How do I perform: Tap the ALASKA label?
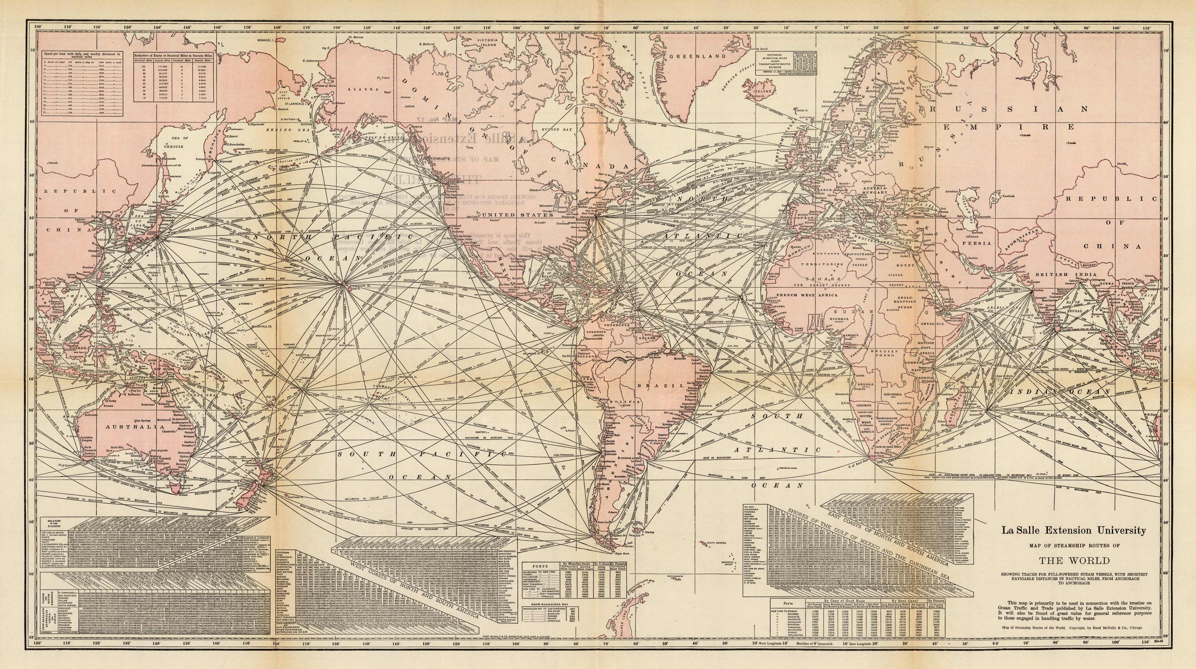click(x=365, y=89)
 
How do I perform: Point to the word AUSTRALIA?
click(x=124, y=426)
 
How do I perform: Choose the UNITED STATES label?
click(x=518, y=215)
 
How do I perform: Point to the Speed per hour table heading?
click(x=82, y=55)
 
